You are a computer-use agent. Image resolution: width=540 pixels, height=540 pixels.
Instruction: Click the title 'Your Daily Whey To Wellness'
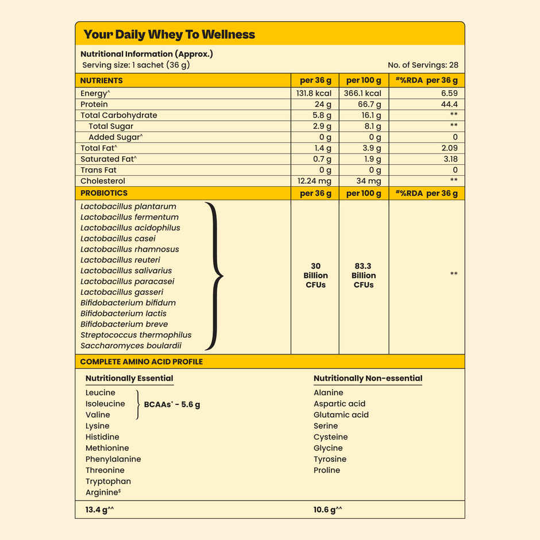pyautogui.click(x=169, y=34)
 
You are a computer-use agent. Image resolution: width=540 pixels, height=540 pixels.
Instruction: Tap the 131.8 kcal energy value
pyautogui.click(x=314, y=93)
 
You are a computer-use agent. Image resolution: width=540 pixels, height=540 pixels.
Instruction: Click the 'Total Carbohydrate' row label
pyautogui.click(x=119, y=115)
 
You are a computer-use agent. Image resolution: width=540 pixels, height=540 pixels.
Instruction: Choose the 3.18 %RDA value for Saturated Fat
pyautogui.click(x=450, y=159)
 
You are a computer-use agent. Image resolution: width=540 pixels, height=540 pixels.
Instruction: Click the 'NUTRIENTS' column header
pyautogui.click(x=102, y=80)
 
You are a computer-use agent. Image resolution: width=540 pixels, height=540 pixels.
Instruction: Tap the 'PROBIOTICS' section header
pyautogui.click(x=104, y=193)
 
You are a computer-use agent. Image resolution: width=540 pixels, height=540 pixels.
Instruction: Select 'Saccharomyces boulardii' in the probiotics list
pyautogui.click(x=131, y=346)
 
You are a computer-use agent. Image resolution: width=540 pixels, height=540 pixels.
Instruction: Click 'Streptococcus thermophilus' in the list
pyautogui.click(x=136, y=335)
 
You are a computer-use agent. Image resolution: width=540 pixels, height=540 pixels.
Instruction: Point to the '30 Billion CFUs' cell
pyautogui.click(x=315, y=276)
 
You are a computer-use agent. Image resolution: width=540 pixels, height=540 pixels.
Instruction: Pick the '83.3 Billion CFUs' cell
pyautogui.click(x=364, y=276)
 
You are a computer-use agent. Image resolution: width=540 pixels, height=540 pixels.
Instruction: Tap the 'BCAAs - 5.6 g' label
pyautogui.click(x=172, y=404)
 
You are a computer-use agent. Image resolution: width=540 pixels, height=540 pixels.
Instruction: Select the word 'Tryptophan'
pyautogui.click(x=108, y=481)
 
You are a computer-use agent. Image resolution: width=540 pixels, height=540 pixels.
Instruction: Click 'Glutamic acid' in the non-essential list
pyautogui.click(x=341, y=415)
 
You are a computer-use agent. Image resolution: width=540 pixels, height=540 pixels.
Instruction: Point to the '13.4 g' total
pyautogui.click(x=96, y=510)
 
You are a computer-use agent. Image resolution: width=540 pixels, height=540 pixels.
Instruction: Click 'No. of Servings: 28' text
pyautogui.click(x=423, y=65)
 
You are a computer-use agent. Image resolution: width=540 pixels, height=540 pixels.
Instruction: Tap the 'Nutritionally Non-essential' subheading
pyautogui.click(x=368, y=379)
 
